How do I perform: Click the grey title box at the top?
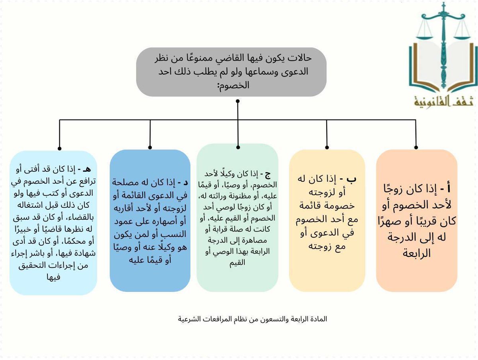tap(231, 72)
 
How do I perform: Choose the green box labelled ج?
tap(237, 218)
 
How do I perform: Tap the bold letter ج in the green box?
tap(267, 175)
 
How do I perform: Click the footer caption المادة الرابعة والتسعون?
tap(253, 319)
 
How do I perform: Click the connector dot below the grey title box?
tap(237, 101)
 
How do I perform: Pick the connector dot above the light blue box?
tap(59, 148)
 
